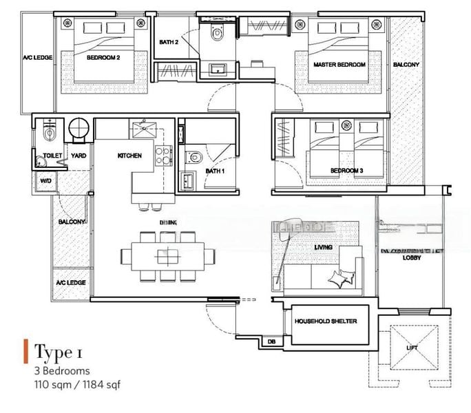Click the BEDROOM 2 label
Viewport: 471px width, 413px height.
103,59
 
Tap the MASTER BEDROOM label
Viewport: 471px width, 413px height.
339,64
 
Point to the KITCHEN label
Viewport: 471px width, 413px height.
129,156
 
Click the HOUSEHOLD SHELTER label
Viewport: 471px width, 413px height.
326,321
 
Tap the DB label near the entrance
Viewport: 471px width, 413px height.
272,341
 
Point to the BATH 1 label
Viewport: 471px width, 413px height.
213,171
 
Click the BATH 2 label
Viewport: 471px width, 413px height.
169,42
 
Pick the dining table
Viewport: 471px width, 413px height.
165,256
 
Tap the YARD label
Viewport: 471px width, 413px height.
78,156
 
